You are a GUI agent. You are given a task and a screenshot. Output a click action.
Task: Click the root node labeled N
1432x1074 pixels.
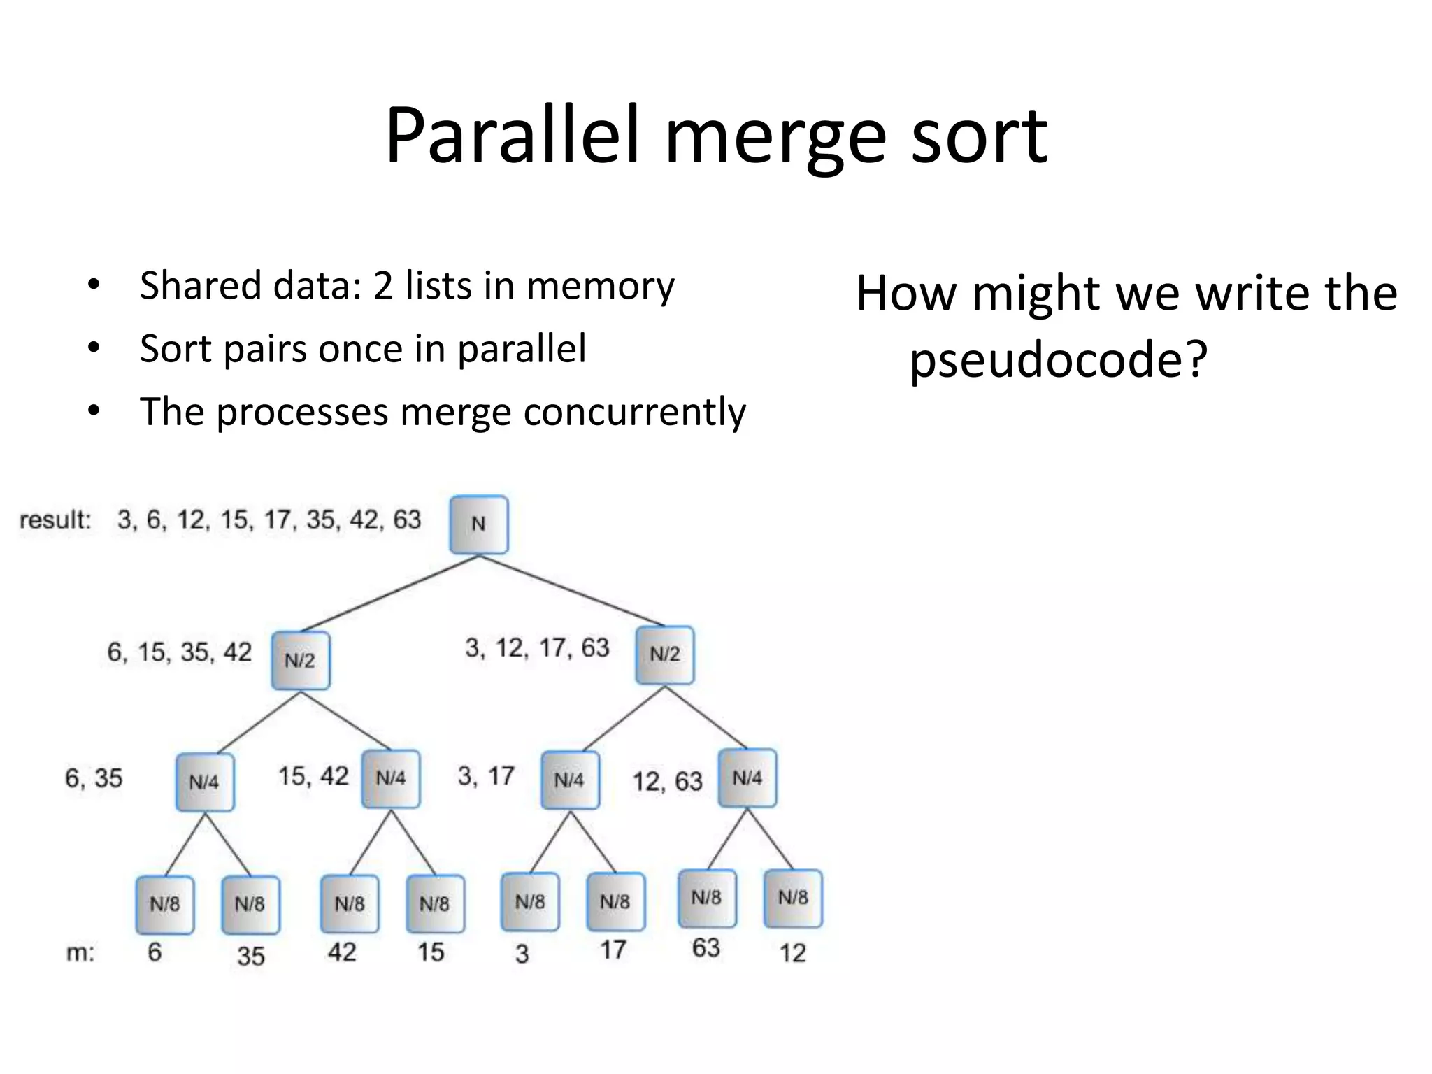point(478,524)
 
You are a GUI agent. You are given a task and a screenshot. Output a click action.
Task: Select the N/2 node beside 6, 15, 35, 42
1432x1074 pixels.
point(300,661)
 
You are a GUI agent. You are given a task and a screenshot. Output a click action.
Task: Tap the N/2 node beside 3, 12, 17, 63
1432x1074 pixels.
point(664,654)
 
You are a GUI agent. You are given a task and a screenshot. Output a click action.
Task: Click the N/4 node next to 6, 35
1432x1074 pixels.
point(204,782)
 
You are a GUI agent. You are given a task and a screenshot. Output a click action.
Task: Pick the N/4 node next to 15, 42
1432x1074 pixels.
point(390,778)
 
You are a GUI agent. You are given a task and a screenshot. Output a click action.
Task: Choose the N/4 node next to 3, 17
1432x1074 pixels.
point(569,780)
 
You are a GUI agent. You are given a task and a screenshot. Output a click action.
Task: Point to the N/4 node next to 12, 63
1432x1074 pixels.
point(747,778)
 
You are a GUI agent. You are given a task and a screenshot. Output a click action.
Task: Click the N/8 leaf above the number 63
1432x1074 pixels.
point(706,898)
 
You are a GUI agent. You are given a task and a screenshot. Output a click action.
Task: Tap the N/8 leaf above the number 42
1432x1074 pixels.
point(349,903)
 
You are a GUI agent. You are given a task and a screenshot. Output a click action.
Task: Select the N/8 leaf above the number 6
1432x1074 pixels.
point(164,904)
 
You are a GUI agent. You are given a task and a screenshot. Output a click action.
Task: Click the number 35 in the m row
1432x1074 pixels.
point(250,956)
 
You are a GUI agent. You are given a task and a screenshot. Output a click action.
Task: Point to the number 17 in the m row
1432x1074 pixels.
point(613,950)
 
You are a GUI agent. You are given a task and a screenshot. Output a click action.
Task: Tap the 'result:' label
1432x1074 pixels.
point(55,520)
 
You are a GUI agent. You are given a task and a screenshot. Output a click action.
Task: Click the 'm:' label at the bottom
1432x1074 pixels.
point(80,953)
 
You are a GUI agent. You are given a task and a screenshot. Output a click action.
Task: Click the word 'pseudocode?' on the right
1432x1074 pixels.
point(1058,360)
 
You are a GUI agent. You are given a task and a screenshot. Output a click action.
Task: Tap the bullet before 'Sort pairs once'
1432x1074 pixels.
point(94,348)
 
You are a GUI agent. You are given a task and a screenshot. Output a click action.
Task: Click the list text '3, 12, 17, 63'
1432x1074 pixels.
point(537,648)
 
